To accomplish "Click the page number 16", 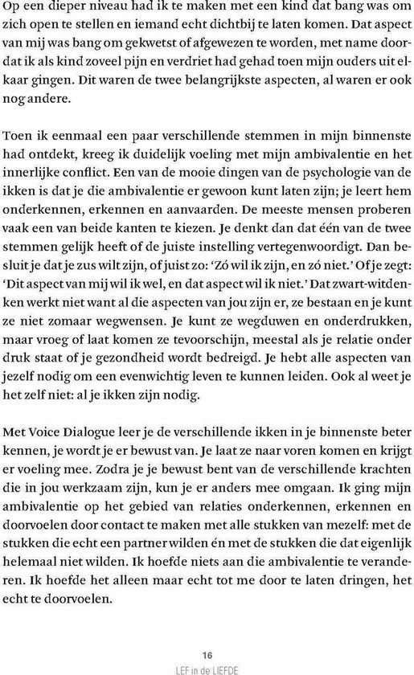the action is pyautogui.click(x=207, y=653).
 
